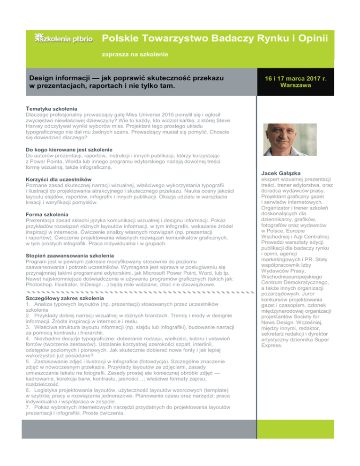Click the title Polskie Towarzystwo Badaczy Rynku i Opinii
point(215,38)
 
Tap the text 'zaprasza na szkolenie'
point(135,55)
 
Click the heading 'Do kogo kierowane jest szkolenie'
point(68,149)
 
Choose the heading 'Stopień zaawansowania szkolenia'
point(67,255)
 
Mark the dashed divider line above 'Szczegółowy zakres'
point(136,292)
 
